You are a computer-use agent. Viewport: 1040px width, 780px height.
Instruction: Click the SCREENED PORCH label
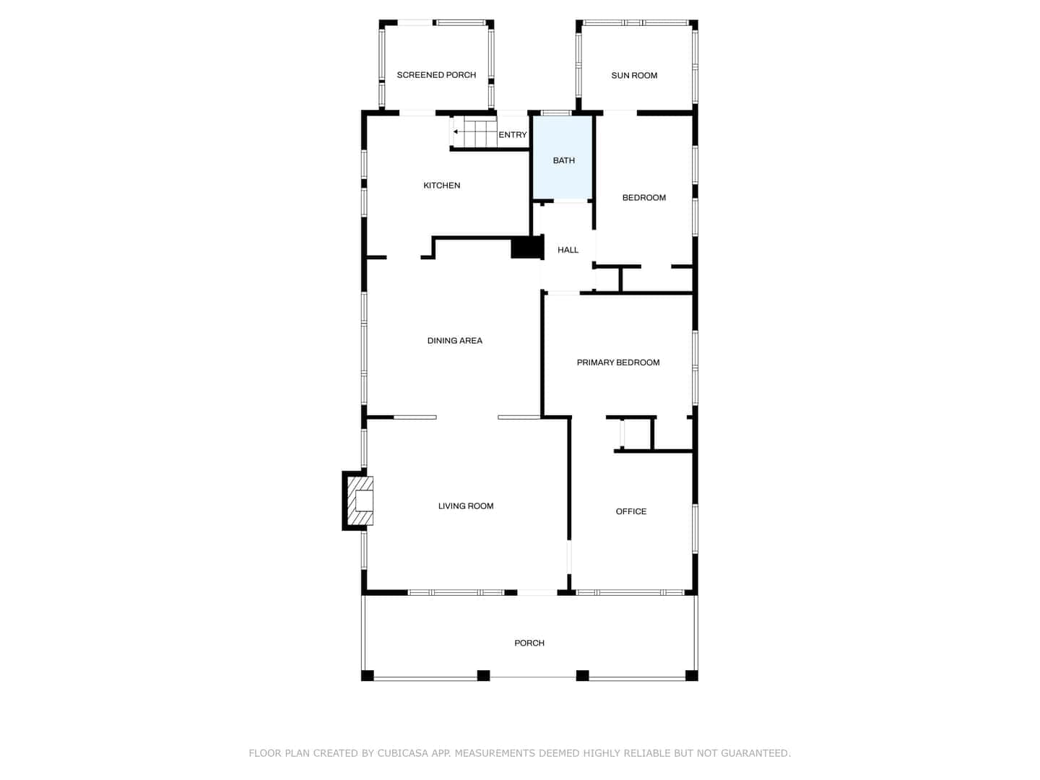[436, 75]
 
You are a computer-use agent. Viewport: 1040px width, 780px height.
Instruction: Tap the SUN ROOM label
[634, 75]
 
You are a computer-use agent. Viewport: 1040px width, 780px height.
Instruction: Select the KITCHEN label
[441, 185]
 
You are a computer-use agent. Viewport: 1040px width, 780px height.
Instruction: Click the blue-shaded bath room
[563, 157]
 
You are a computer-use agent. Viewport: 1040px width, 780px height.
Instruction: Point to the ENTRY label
[512, 135]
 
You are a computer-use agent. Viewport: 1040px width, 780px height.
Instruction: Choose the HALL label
[568, 250]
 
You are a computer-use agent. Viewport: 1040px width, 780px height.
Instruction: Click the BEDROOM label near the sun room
[643, 197]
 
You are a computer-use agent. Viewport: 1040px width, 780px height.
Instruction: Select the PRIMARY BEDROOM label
[617, 363]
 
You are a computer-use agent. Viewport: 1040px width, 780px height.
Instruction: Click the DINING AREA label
[454, 340]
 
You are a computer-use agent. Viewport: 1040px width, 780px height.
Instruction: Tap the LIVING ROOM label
[465, 506]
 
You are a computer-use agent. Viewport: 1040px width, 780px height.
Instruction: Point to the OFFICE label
[630, 511]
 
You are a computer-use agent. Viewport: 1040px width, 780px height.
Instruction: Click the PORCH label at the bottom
[529, 643]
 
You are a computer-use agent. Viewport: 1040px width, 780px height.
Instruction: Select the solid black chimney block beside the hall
[527, 248]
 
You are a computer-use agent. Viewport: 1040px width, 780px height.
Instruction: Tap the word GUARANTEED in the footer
[755, 753]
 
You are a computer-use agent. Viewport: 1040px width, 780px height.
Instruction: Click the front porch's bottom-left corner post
[367, 675]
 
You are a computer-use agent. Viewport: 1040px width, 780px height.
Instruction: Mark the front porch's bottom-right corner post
[691, 675]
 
